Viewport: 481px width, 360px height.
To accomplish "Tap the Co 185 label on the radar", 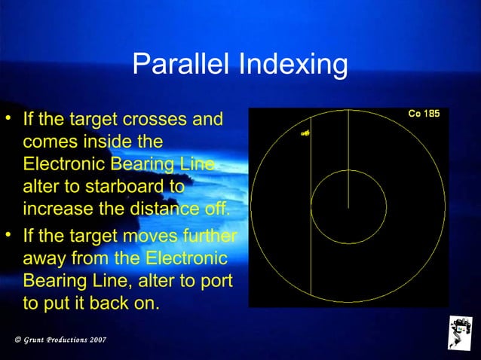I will click(x=424, y=115).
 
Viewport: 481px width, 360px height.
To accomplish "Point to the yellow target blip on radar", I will click(x=305, y=133).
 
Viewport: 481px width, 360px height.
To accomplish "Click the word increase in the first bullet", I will click(x=54, y=207).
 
